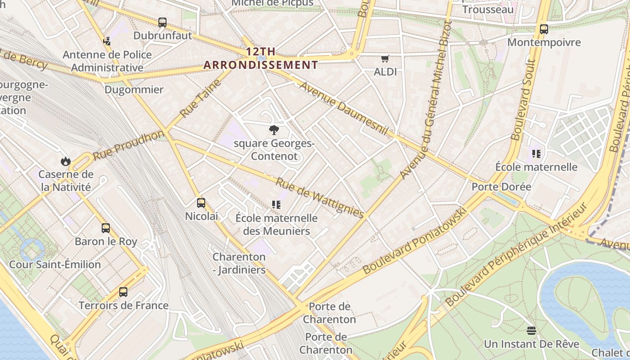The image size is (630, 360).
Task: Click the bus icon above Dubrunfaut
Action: coord(162,22)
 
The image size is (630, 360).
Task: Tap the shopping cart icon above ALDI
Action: coord(385,58)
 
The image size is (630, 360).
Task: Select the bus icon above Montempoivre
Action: coord(544,29)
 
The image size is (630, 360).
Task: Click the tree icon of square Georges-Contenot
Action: coord(274,130)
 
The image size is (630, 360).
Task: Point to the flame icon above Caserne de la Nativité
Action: coord(66,161)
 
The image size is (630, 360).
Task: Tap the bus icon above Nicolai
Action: coord(201,203)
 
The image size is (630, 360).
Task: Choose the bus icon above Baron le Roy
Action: coord(106,228)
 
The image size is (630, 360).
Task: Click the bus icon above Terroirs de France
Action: coord(123,292)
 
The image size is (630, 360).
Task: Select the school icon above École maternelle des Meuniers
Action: coord(276,205)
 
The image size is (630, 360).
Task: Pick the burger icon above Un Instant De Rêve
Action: coord(531,331)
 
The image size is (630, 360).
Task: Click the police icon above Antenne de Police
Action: coord(107,41)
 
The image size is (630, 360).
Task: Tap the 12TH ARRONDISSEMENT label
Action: coord(261,58)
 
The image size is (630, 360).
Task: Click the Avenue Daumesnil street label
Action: coord(343,108)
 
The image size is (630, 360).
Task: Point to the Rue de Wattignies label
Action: coord(319,198)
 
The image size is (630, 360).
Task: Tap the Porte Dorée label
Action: coord(501,187)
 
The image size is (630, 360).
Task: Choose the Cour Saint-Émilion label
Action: coord(55,265)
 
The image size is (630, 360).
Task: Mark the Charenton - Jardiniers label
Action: coord(239,264)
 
